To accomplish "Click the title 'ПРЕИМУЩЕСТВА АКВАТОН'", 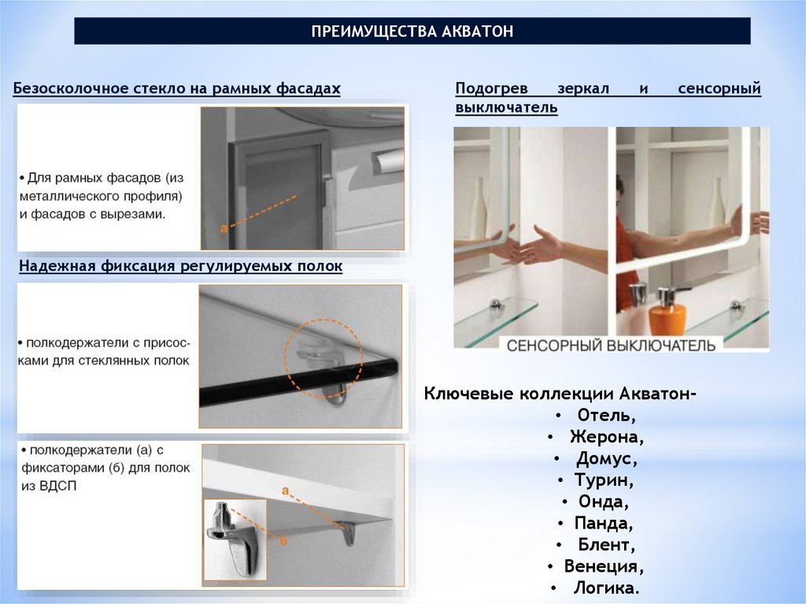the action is pyautogui.click(x=412, y=31).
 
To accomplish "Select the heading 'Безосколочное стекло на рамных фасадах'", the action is pyautogui.click(x=177, y=88).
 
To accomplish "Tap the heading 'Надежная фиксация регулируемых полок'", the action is pyautogui.click(x=181, y=266).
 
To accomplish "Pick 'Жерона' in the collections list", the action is pyautogui.click(x=606, y=437).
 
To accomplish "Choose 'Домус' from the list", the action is pyautogui.click(x=606, y=458).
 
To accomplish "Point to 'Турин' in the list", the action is pyautogui.click(x=604, y=480).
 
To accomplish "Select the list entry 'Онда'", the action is pyautogui.click(x=603, y=502).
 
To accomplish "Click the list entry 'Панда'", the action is pyautogui.click(x=603, y=523).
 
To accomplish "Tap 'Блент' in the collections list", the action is pyautogui.click(x=606, y=544).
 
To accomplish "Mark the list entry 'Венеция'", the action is pyautogui.click(x=604, y=566).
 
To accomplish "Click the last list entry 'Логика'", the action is pyautogui.click(x=606, y=587).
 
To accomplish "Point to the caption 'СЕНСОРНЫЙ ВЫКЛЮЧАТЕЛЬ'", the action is pyautogui.click(x=611, y=345).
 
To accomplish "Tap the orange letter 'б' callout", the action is pyautogui.click(x=283, y=541).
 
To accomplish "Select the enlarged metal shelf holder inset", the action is pyautogui.click(x=235, y=539).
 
